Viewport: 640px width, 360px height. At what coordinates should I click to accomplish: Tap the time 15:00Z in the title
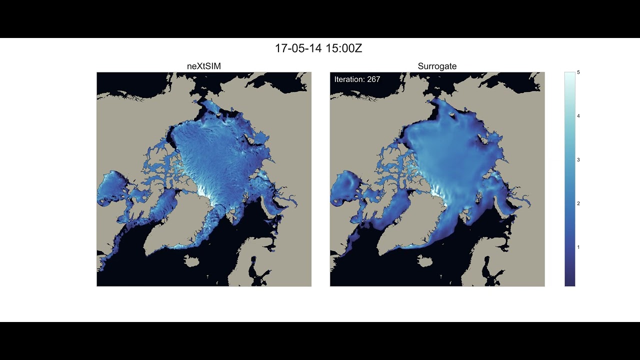click(343, 48)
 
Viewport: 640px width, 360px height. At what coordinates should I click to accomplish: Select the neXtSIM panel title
click(204, 66)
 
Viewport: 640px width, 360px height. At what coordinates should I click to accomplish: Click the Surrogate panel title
click(437, 66)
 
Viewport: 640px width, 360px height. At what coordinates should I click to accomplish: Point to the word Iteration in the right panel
click(349, 79)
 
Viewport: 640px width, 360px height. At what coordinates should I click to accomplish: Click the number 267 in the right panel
click(373, 79)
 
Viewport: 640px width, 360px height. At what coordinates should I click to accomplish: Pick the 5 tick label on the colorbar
click(578, 72)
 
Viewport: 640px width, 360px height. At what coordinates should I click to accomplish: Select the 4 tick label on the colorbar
click(578, 116)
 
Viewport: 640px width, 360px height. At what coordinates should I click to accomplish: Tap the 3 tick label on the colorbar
click(578, 160)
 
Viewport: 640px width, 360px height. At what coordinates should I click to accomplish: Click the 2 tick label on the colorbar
click(578, 203)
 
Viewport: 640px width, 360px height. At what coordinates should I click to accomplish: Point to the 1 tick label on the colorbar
click(578, 247)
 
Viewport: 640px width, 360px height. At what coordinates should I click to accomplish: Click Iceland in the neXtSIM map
click(190, 260)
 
